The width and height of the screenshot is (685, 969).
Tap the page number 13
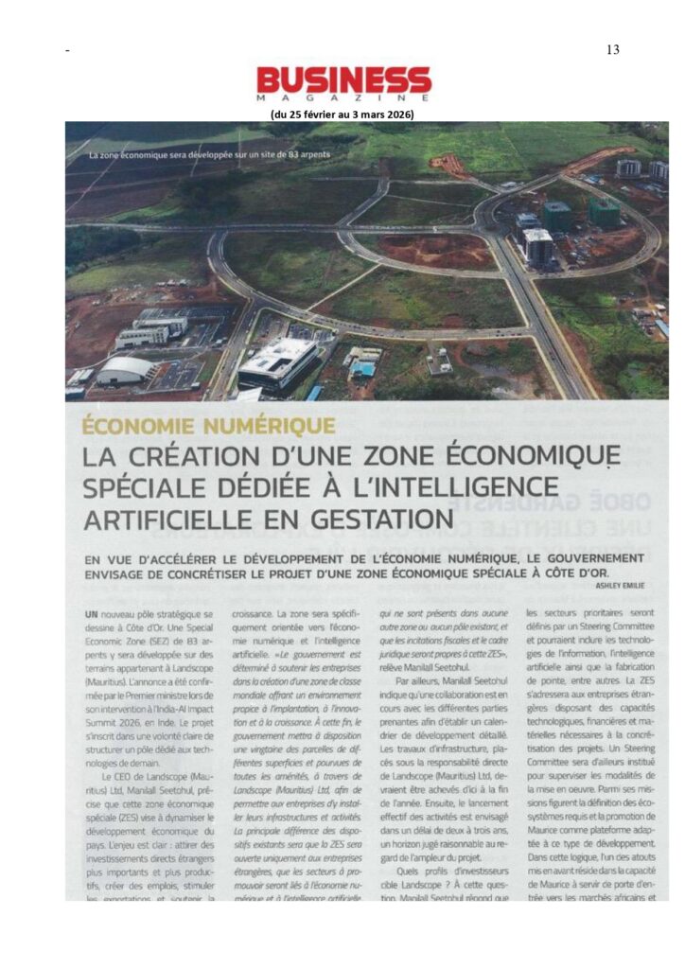(612, 49)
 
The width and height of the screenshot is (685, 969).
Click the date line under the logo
(342, 115)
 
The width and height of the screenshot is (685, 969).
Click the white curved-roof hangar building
(126, 369)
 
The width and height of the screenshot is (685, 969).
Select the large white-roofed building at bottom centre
(278, 360)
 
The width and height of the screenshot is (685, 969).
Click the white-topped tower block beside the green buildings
(537, 246)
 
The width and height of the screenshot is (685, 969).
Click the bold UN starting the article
(91, 614)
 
